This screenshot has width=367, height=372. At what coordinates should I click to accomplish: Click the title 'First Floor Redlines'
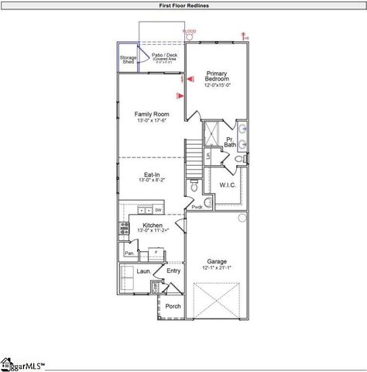coord(183,5)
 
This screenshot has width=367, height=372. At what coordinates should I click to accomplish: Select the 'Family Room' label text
coord(151,117)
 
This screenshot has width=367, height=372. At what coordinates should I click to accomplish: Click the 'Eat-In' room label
coord(152,176)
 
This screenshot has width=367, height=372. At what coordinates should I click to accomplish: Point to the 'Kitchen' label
coord(152,226)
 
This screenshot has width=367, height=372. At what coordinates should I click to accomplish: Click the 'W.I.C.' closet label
coord(228,185)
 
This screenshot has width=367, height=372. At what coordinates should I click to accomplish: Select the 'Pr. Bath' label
coord(230,142)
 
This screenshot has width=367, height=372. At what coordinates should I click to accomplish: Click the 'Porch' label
coord(173,305)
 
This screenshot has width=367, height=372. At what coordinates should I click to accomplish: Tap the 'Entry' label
coord(173,270)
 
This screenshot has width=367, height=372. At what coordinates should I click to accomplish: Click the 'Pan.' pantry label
coord(129,252)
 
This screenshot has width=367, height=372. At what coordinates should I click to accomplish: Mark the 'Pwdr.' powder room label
coord(197,207)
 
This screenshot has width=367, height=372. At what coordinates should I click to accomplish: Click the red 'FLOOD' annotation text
coord(189,31)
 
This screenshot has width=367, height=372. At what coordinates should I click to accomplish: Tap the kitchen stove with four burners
coord(122,228)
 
